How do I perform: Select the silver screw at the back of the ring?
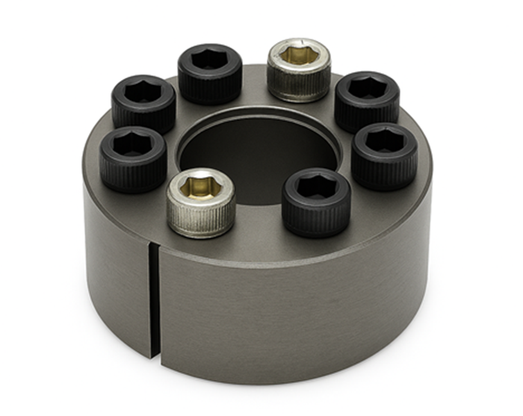pyautogui.click(x=299, y=69)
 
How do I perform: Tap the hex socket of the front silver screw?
pyautogui.click(x=201, y=183)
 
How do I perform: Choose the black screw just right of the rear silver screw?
pyautogui.click(x=366, y=100)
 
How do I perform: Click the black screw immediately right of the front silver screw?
pyautogui.click(x=316, y=202)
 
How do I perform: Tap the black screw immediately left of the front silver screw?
pyautogui.click(x=133, y=158)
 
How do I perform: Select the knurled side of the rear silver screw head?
pyautogui.click(x=299, y=85)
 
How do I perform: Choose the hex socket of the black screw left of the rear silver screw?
pyautogui.click(x=210, y=58)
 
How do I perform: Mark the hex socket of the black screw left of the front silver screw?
pyautogui.click(x=133, y=142)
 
